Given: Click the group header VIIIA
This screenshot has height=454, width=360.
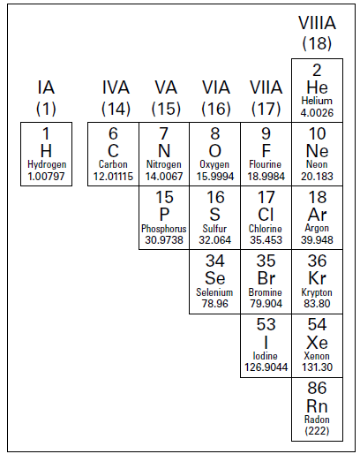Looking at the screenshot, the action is pyautogui.click(x=317, y=23).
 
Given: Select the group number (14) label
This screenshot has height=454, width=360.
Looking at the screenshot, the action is pyautogui.click(x=116, y=109).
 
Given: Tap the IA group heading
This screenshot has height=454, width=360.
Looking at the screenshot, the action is pyautogui.click(x=46, y=87).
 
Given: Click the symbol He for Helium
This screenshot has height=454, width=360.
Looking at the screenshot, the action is pyautogui.click(x=317, y=87).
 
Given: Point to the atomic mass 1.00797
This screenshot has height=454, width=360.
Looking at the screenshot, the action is pyautogui.click(x=46, y=177).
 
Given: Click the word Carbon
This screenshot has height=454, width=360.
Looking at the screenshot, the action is pyautogui.click(x=113, y=164).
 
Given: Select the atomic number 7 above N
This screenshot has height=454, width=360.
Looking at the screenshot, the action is pyautogui.click(x=164, y=133).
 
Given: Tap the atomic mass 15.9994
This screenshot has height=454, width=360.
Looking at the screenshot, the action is pyautogui.click(x=215, y=177).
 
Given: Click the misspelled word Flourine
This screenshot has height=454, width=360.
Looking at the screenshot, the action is pyautogui.click(x=266, y=164).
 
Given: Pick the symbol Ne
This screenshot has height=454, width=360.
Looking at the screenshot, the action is pyautogui.click(x=317, y=151).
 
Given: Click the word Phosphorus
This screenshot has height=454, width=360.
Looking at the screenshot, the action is pyautogui.click(x=164, y=229).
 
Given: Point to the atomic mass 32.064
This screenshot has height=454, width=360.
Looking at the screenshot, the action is pyautogui.click(x=215, y=240).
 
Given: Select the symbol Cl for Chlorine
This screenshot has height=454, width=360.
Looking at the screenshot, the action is pyautogui.click(x=266, y=215).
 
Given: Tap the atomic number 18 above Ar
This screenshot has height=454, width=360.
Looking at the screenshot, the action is pyautogui.click(x=317, y=197).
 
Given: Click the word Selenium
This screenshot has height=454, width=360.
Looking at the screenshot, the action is pyautogui.click(x=214, y=292).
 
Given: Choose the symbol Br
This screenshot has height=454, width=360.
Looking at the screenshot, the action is pyautogui.click(x=266, y=278).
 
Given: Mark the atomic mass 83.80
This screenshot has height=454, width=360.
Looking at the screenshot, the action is pyautogui.click(x=317, y=304).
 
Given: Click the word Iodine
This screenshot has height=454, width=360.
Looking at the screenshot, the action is pyautogui.click(x=266, y=356).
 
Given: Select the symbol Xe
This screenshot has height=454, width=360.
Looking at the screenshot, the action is pyautogui.click(x=317, y=343).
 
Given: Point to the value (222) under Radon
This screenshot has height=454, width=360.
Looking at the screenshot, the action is pyautogui.click(x=317, y=431).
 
